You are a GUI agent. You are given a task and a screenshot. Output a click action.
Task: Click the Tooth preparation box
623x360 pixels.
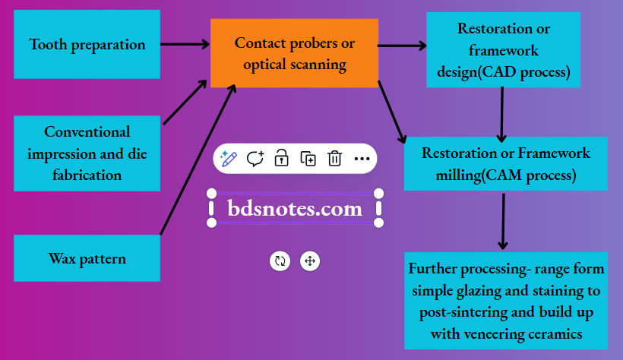[x=87, y=44]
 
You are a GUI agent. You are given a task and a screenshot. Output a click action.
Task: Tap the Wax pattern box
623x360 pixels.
[x=87, y=258]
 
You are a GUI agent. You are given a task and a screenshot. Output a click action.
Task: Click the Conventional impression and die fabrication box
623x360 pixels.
[x=87, y=153]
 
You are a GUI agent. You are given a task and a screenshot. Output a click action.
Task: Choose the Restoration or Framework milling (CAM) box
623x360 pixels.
[x=505, y=163]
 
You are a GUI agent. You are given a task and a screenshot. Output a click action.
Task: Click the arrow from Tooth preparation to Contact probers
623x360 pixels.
[x=185, y=45]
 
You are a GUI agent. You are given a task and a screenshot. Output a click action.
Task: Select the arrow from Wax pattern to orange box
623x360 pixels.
[x=198, y=159]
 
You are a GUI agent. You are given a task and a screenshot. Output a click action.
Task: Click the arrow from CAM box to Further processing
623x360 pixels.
[x=502, y=220]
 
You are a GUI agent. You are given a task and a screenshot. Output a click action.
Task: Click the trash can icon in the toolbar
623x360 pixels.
[x=334, y=158]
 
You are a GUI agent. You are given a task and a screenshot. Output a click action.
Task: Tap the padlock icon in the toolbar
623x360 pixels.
[x=281, y=158]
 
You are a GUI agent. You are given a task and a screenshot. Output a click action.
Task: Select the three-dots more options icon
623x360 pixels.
[x=362, y=158]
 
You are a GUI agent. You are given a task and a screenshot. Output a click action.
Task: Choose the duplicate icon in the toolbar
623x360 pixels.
[x=308, y=158]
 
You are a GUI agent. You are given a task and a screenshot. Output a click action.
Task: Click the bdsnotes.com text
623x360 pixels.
[x=295, y=208]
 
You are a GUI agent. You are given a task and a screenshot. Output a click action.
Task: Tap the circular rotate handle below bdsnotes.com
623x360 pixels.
[x=280, y=261]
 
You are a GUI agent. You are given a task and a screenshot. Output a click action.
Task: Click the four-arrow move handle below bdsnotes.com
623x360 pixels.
[x=309, y=261]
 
